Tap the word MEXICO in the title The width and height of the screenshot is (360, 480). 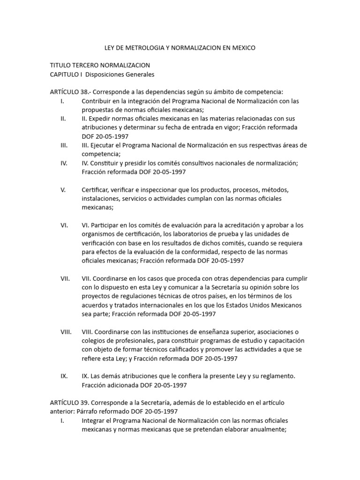[242, 48]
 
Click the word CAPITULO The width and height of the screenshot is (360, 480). [65, 74]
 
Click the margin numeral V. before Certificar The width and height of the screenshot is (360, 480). [63, 190]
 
